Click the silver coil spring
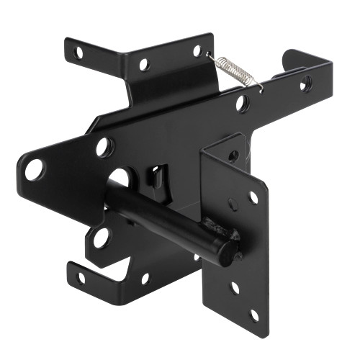pos(232,69)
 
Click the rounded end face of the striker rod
pos(228,252)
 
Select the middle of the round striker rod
pos(166,215)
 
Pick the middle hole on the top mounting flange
pos(144,64)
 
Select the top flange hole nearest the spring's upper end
pos(196,50)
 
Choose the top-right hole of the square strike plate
pos(253,197)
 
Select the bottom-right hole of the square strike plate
pos(254,314)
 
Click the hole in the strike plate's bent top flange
pos(233,155)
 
